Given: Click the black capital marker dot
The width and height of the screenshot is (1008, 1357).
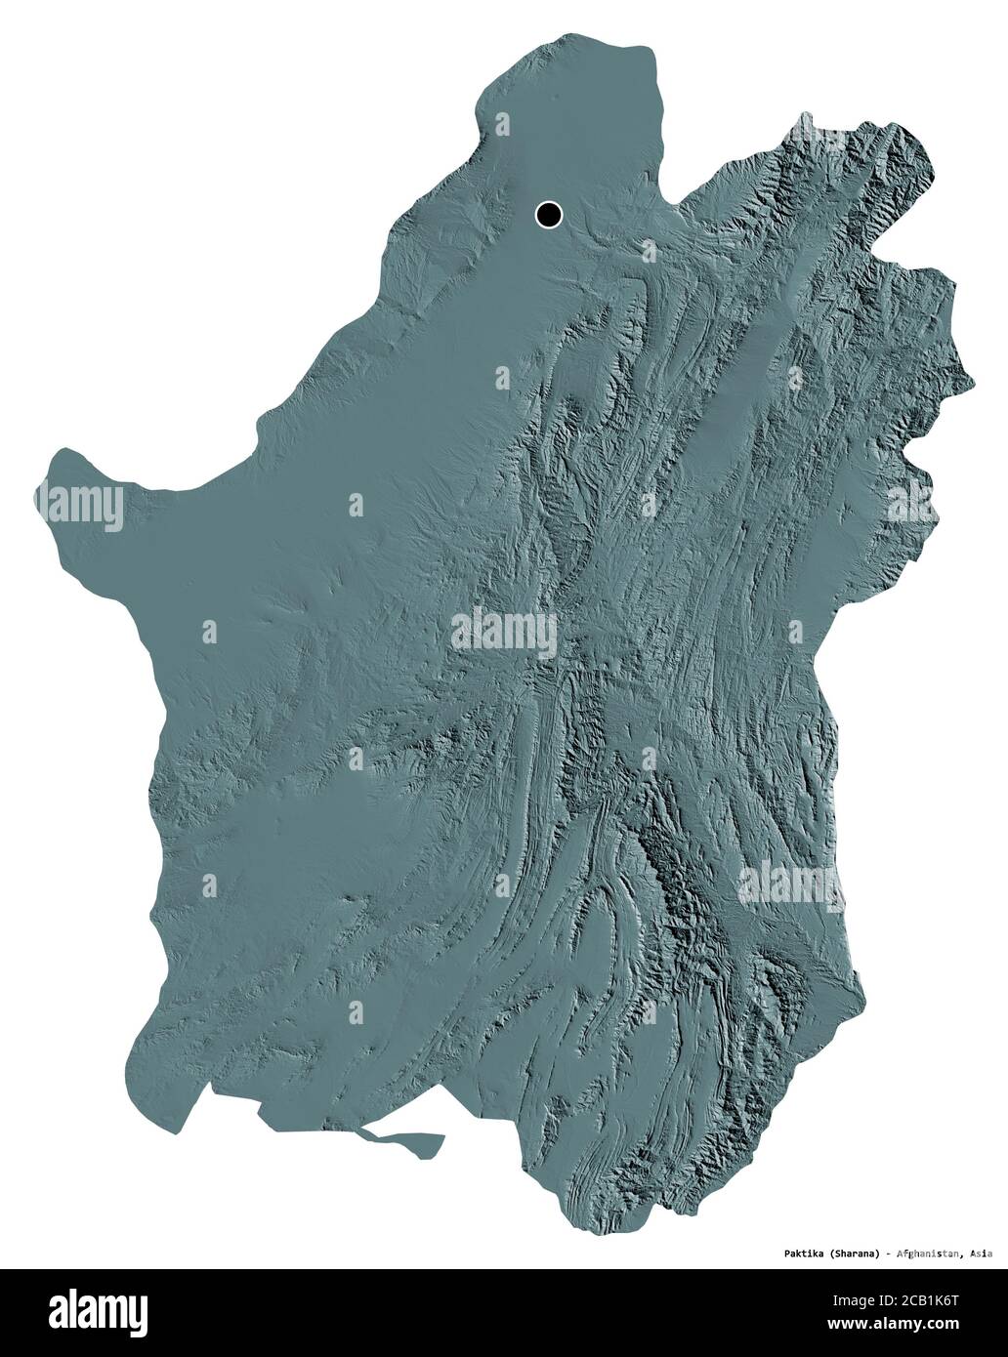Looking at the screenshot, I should tap(549, 214).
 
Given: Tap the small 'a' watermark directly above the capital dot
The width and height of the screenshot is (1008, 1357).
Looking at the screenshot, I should tap(502, 124).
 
